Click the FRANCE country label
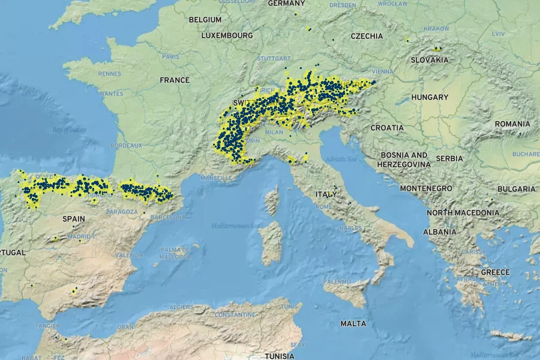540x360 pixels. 175,80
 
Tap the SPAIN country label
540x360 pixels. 74,219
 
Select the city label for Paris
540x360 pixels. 170,57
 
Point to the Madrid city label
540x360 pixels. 79,236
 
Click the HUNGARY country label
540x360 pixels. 430,97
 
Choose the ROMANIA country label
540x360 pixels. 512,124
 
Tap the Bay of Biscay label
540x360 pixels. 69,130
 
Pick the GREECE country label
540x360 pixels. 495,272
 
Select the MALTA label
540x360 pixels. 353,323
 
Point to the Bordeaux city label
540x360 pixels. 127,145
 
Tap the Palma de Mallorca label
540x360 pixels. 175,253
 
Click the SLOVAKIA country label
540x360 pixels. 430,60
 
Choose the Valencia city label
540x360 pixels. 129,255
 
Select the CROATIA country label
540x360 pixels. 387,128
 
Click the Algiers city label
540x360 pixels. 181,307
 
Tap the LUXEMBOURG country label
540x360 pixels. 227,35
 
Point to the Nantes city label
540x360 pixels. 112,94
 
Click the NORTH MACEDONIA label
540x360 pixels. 463,212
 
